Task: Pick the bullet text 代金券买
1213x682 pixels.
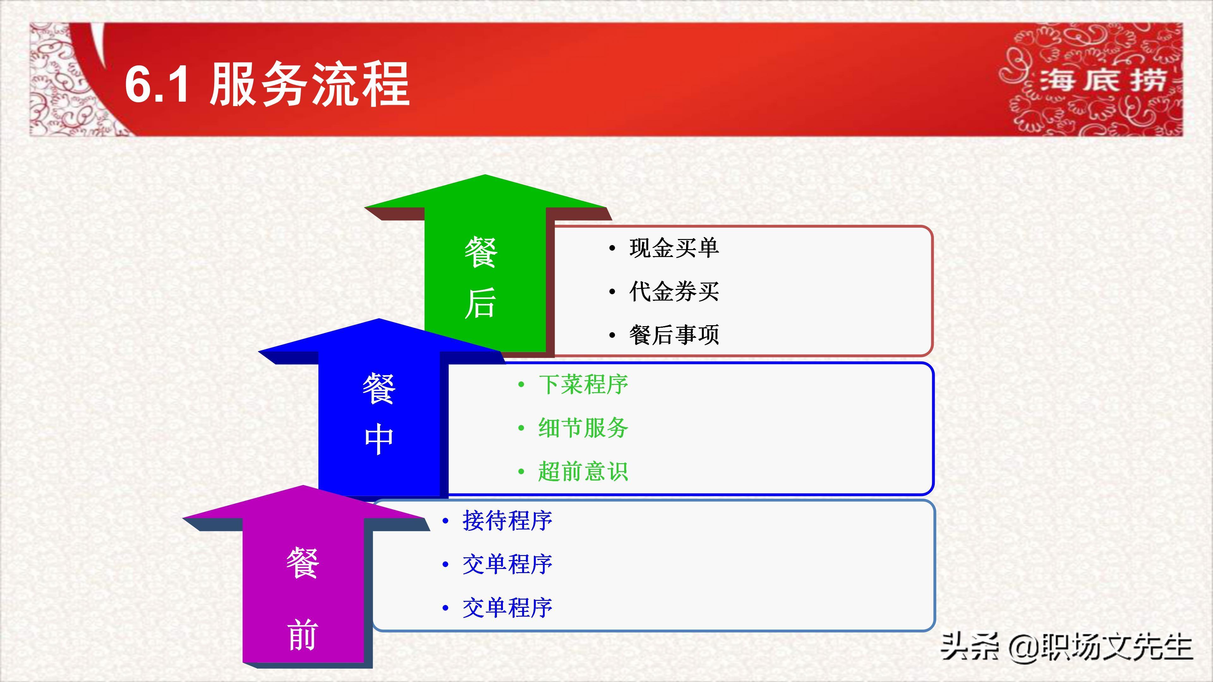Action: [x=674, y=291]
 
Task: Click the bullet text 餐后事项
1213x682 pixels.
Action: [x=674, y=335]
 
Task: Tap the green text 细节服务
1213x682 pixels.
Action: [x=583, y=428]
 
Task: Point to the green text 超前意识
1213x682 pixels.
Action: [x=583, y=471]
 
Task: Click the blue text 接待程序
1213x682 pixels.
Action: [x=507, y=521]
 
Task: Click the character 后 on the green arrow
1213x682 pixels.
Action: [x=480, y=303]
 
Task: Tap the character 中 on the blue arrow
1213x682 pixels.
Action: [x=379, y=439]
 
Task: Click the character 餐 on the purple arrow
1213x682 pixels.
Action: [x=302, y=563]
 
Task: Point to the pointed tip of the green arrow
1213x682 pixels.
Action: [x=485, y=175]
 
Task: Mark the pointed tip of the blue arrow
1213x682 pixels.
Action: [x=379, y=319]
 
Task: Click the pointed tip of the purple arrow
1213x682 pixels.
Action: [x=303, y=486]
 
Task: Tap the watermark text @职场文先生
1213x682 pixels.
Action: [x=1101, y=647]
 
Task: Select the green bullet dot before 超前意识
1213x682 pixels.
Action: [x=521, y=472]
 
